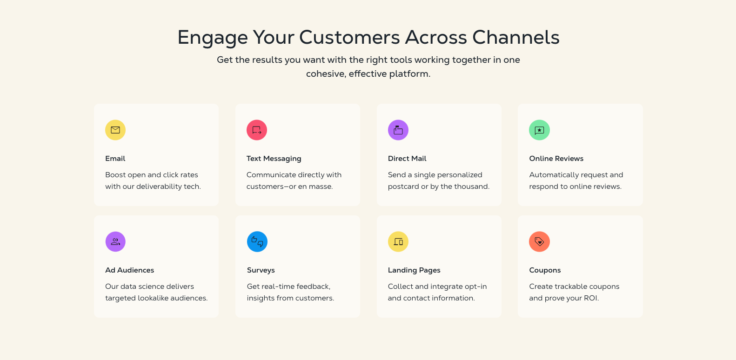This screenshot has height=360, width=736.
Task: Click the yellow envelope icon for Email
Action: click(115, 130)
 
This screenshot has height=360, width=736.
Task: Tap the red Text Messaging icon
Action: click(257, 130)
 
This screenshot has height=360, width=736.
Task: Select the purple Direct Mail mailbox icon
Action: click(398, 130)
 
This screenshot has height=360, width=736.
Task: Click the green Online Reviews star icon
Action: click(539, 130)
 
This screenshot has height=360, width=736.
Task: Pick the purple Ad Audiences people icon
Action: click(115, 242)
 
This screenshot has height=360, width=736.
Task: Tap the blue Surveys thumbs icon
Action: click(257, 242)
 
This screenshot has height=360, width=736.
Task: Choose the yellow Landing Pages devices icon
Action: click(398, 242)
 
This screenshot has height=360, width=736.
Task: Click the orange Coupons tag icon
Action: click(539, 242)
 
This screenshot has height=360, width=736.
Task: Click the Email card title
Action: click(115, 159)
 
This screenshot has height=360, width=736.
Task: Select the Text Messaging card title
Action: click(274, 159)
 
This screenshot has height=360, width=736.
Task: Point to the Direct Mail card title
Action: click(407, 159)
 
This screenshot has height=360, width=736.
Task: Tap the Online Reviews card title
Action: click(556, 159)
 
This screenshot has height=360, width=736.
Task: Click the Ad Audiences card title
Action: click(129, 270)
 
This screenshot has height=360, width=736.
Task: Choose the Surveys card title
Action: click(261, 270)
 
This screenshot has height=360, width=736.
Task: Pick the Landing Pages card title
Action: click(414, 270)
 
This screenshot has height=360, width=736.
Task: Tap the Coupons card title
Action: click(545, 270)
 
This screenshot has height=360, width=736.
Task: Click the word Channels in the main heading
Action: click(516, 37)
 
